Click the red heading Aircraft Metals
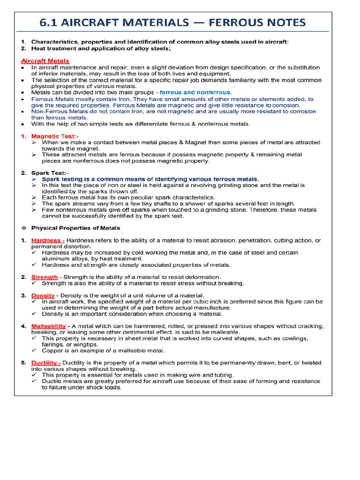(x=45, y=61)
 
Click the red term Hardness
(x=48, y=240)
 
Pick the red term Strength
(x=45, y=277)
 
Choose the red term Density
(x=43, y=296)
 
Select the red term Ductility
(x=46, y=363)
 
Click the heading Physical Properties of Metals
(x=75, y=228)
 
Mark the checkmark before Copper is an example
(x=34, y=350)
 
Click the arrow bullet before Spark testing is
(x=34, y=179)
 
